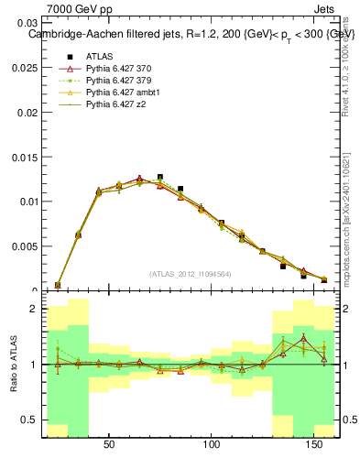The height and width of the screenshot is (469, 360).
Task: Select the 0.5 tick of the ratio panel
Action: (x=30, y=420)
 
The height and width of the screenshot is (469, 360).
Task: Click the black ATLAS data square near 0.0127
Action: (x=160, y=178)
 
